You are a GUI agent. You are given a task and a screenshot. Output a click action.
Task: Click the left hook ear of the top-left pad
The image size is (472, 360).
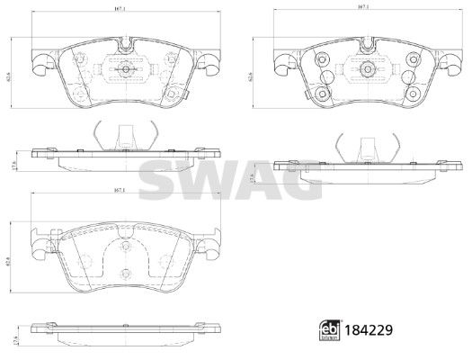tap(39, 64)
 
